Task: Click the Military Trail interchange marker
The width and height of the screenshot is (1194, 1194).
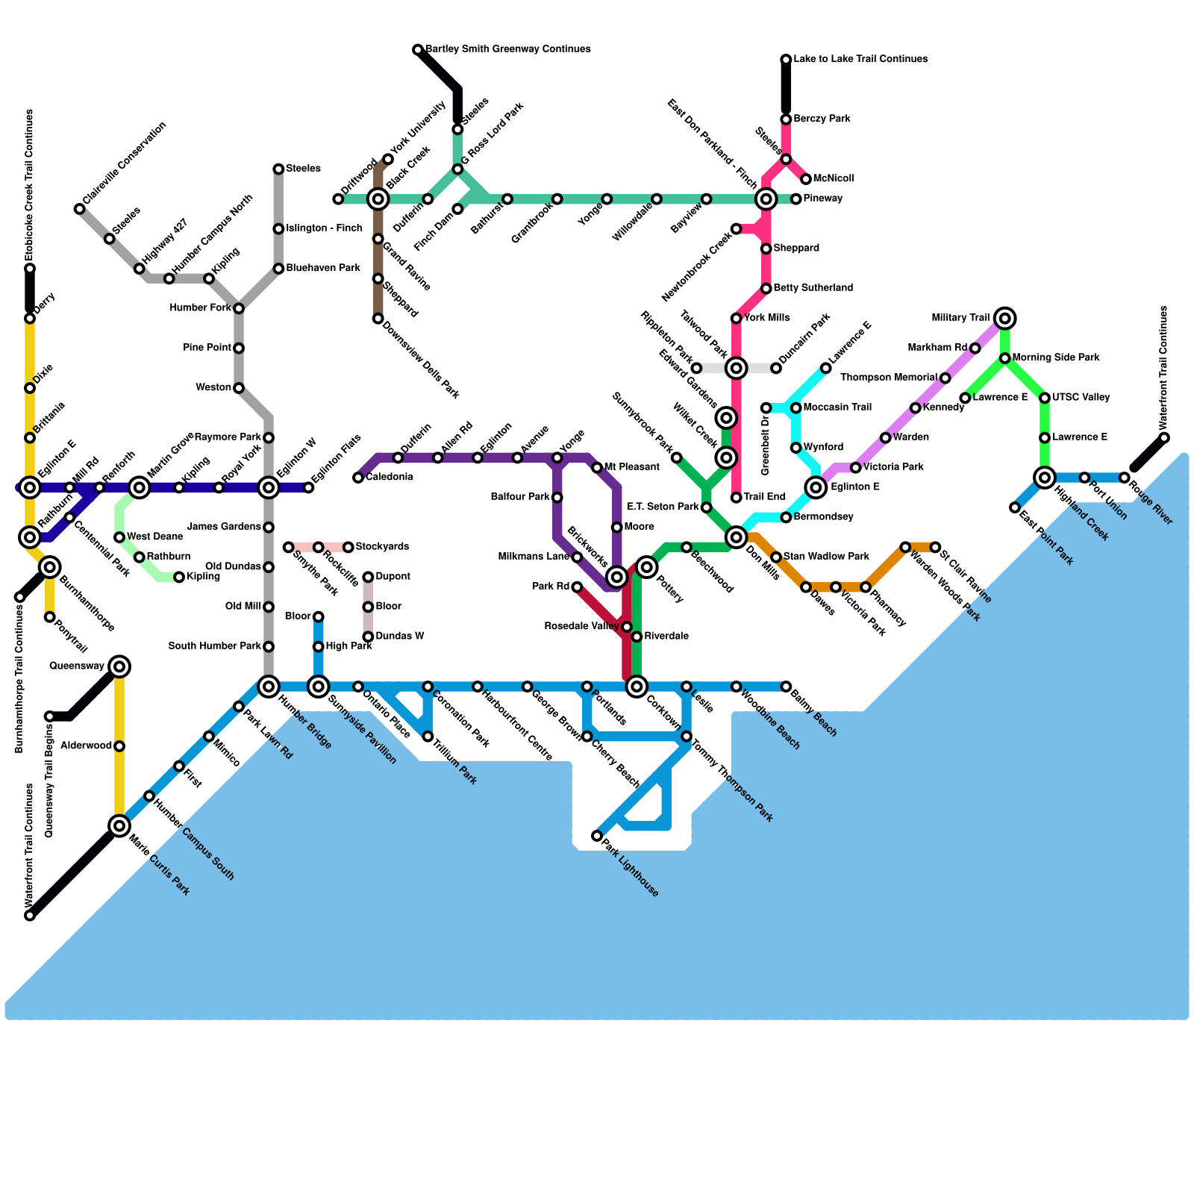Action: [x=1005, y=319]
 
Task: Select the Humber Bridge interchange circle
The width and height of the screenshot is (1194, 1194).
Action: [x=269, y=686]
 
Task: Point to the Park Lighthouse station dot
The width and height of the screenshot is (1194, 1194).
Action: [x=597, y=836]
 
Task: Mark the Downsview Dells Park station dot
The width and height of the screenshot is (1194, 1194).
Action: [x=378, y=319]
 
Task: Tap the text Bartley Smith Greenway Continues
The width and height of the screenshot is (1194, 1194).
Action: [x=508, y=49]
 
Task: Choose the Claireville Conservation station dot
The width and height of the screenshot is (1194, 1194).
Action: [x=80, y=209]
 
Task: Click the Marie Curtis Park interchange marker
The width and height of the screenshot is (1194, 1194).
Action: [x=119, y=825]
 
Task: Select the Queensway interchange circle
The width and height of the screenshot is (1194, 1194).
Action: [x=119, y=666]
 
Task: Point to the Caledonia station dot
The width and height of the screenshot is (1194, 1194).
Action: [x=358, y=478]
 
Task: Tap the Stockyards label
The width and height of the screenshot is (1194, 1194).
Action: [x=382, y=547]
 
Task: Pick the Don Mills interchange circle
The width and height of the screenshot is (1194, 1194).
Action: [x=737, y=537]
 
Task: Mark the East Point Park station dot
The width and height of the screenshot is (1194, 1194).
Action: [x=1015, y=507]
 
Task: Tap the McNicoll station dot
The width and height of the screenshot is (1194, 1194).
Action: [x=806, y=179]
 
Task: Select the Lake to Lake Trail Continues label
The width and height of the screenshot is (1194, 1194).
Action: [x=860, y=59]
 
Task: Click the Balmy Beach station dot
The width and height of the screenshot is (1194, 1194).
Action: [x=786, y=686]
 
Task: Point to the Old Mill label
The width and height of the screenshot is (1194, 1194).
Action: [x=243, y=607]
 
